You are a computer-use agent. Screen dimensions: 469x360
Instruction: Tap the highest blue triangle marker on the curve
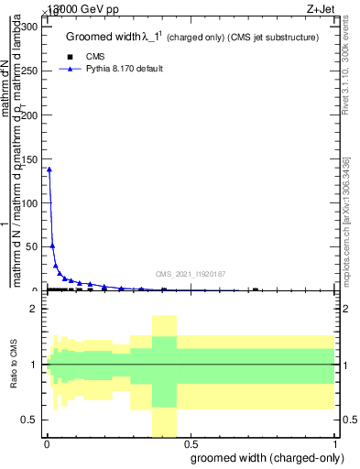49,169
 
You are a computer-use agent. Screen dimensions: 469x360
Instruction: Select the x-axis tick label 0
47,443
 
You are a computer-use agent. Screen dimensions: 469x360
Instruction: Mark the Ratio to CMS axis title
14,364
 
